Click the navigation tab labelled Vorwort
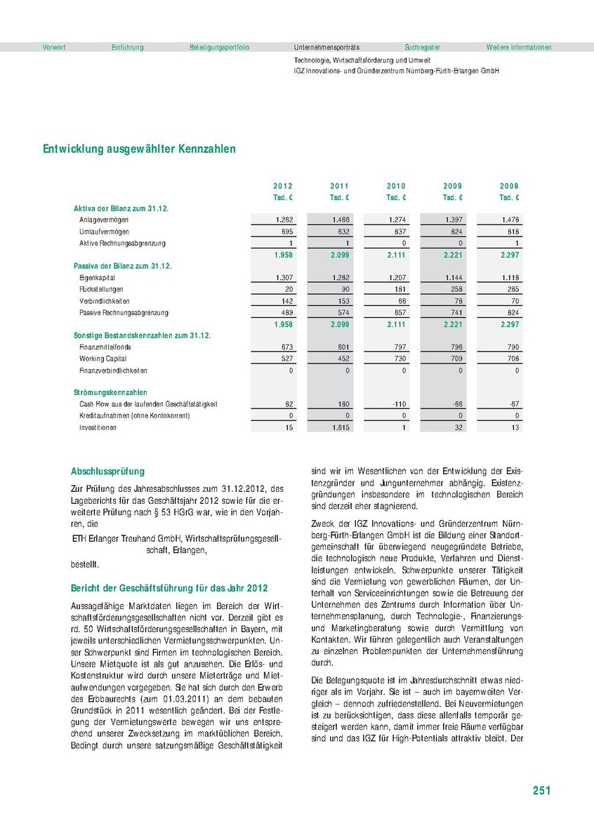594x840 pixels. [54, 47]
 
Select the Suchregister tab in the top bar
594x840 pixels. [422, 47]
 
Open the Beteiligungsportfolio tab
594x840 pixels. [219, 47]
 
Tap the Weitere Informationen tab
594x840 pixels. [518, 47]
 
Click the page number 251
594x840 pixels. [541, 791]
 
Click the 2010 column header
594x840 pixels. [396, 186]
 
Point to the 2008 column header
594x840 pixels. [509, 186]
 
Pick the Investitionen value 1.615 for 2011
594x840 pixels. [341, 427]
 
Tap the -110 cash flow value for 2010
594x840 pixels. [397, 404]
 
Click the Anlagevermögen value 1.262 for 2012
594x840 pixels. [284, 220]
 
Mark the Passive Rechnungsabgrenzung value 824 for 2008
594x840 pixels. [513, 312]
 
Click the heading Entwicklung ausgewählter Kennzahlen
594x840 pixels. [139, 149]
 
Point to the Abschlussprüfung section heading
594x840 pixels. [107, 471]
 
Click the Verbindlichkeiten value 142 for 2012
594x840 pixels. [286, 301]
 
